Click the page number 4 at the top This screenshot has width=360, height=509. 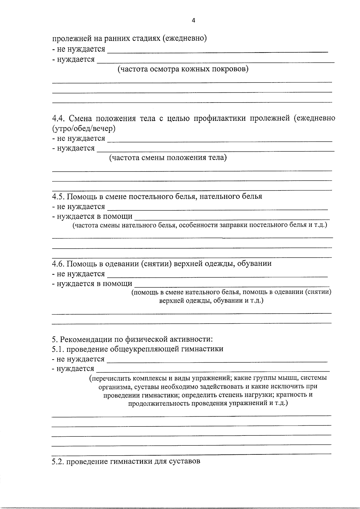[x=193, y=21]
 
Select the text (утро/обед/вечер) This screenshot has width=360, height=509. [x=84, y=128]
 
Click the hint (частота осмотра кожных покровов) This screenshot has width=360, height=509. [x=183, y=69]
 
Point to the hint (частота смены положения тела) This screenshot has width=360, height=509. [x=168, y=157]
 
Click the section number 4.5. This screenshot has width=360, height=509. [x=58, y=196]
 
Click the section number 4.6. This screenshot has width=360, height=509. [x=58, y=264]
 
